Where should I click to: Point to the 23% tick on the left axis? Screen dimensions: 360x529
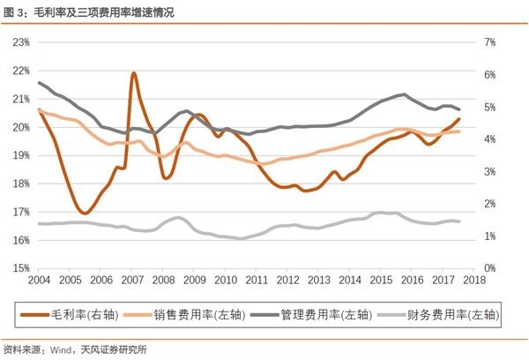pos(21,42)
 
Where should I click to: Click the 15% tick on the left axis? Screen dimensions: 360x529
pos(21,267)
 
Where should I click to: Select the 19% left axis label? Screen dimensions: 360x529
pos(21,155)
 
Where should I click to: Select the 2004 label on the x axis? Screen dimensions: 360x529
pos(40,280)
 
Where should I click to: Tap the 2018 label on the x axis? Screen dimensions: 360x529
pos(474,280)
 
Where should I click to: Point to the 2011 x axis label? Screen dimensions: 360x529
pos(257,280)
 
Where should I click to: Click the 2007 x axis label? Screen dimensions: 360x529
pos(132,280)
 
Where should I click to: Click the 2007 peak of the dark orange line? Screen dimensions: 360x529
pos(133,74)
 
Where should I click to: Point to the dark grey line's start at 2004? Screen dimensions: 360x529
pos(41,83)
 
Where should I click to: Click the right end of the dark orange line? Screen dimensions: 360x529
pos(458,119)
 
